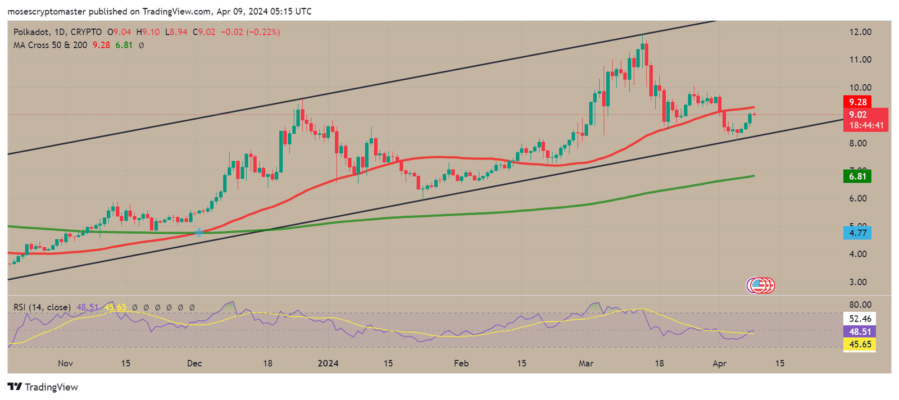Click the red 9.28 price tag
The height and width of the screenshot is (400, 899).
pyautogui.click(x=857, y=102)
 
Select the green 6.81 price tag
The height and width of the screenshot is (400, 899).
pyautogui.click(x=857, y=176)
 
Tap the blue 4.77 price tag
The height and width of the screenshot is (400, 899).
pyautogui.click(x=857, y=233)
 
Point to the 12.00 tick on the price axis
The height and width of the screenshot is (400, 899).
pyautogui.click(x=860, y=32)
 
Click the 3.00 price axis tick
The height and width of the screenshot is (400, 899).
pyautogui.click(x=857, y=282)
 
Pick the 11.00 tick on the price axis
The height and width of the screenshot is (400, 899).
pyautogui.click(x=860, y=60)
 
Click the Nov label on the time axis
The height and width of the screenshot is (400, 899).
pyautogui.click(x=66, y=363)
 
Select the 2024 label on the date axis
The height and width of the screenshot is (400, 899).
pyautogui.click(x=328, y=363)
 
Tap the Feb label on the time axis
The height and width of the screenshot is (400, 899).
pyautogui.click(x=461, y=363)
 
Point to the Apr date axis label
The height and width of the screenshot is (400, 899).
pyautogui.click(x=719, y=363)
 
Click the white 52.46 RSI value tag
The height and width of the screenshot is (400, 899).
pyautogui.click(x=860, y=319)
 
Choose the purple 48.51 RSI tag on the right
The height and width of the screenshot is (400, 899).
pyautogui.click(x=860, y=331)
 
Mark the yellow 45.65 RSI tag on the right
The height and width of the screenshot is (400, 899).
pyautogui.click(x=860, y=344)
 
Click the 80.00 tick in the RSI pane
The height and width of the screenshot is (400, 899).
pyautogui.click(x=860, y=305)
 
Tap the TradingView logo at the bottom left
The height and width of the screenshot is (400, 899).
pyautogui.click(x=43, y=387)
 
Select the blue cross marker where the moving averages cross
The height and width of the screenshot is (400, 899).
pyautogui.click(x=199, y=232)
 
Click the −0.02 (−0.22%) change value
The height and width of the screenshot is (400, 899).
pyautogui.click(x=250, y=32)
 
